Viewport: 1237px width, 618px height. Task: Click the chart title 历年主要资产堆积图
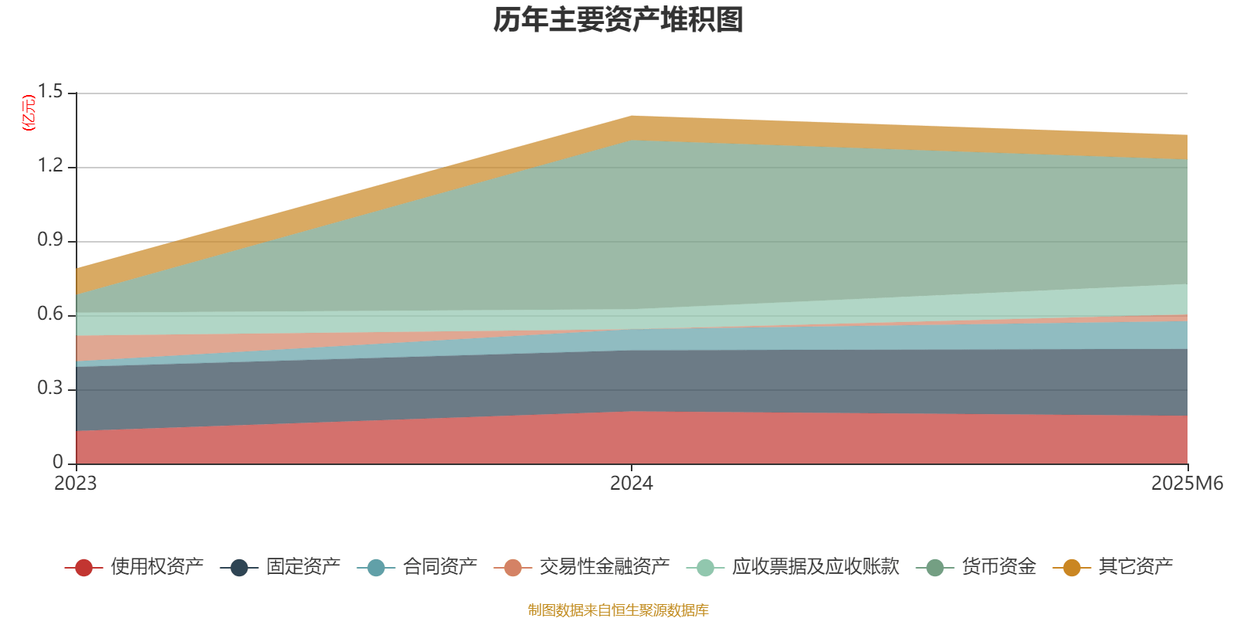point(618,21)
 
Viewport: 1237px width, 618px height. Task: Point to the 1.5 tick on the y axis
point(50,93)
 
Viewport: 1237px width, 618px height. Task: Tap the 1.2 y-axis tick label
point(50,167)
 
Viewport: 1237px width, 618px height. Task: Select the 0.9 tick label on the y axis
point(50,241)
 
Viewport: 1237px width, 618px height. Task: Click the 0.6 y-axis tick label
point(50,315)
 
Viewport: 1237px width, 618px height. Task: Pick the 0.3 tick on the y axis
point(50,389)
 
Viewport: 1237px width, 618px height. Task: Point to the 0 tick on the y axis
point(58,463)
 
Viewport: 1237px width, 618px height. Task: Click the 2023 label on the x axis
point(75,484)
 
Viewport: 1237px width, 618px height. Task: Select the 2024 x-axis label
point(631,484)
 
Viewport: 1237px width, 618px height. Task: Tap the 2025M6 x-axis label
point(1187,484)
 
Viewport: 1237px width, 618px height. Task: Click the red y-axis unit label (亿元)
point(29,113)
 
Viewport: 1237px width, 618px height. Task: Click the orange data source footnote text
point(618,610)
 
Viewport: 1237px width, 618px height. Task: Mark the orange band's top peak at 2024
point(632,117)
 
